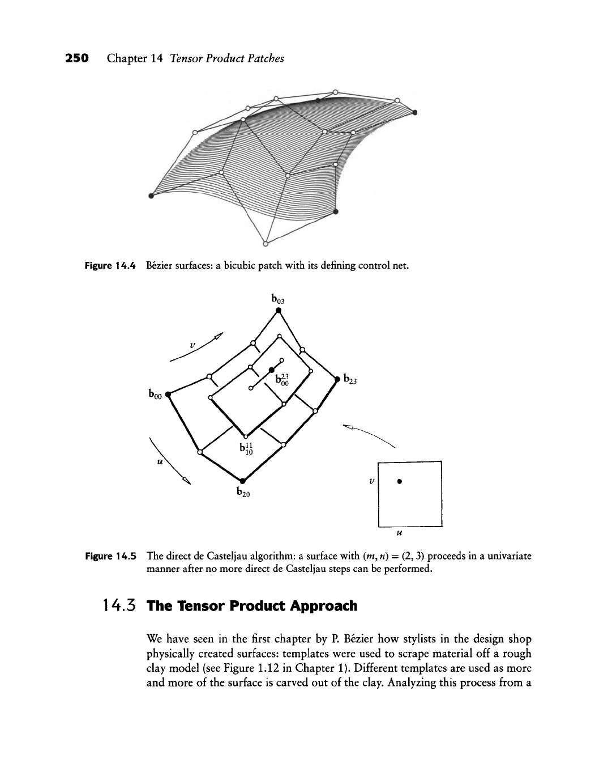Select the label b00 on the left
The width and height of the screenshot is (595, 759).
(x=155, y=393)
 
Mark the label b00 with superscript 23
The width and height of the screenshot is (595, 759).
(x=282, y=379)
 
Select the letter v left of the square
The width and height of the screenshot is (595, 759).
(x=371, y=480)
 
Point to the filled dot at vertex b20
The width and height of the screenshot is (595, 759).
(x=242, y=481)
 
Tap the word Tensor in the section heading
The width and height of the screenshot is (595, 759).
(x=192, y=606)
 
